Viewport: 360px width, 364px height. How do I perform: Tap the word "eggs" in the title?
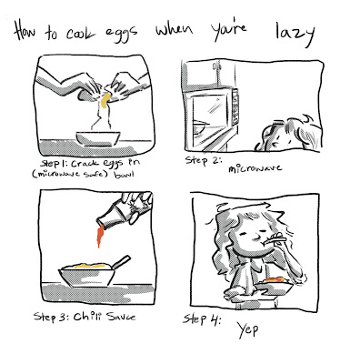click(121, 33)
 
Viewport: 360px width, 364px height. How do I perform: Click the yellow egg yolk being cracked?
click(105, 100)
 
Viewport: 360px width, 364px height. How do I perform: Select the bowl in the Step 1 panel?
click(98, 138)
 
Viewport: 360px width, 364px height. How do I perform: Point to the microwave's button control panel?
click(235, 106)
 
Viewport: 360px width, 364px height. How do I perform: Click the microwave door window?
click(210, 113)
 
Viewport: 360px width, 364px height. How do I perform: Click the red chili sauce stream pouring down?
click(99, 237)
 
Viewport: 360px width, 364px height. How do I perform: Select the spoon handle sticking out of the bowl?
click(121, 261)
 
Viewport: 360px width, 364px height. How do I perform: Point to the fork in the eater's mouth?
click(275, 239)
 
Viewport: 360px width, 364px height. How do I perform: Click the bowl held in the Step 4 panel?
click(274, 286)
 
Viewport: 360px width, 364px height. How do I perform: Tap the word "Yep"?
click(247, 329)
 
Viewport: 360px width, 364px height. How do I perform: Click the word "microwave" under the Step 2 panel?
click(255, 168)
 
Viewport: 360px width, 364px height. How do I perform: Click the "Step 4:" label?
click(202, 319)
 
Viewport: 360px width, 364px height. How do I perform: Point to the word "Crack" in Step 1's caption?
click(85, 164)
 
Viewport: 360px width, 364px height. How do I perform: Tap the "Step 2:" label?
click(204, 160)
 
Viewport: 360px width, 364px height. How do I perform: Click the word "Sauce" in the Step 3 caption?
click(121, 317)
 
